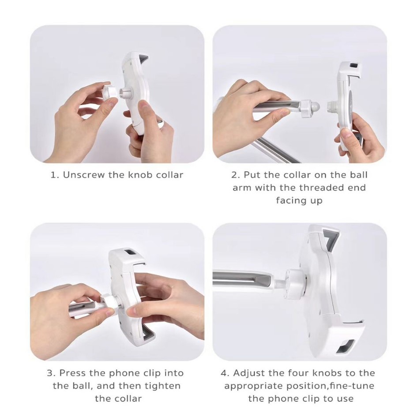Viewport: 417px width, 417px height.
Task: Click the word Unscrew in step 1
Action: point(84,175)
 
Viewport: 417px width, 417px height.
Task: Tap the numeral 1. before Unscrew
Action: point(54,175)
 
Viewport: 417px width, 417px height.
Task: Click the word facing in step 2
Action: point(289,200)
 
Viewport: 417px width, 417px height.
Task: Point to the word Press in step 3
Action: point(73,373)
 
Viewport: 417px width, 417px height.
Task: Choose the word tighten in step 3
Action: point(163,386)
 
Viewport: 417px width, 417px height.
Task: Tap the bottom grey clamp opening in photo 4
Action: point(345,346)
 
